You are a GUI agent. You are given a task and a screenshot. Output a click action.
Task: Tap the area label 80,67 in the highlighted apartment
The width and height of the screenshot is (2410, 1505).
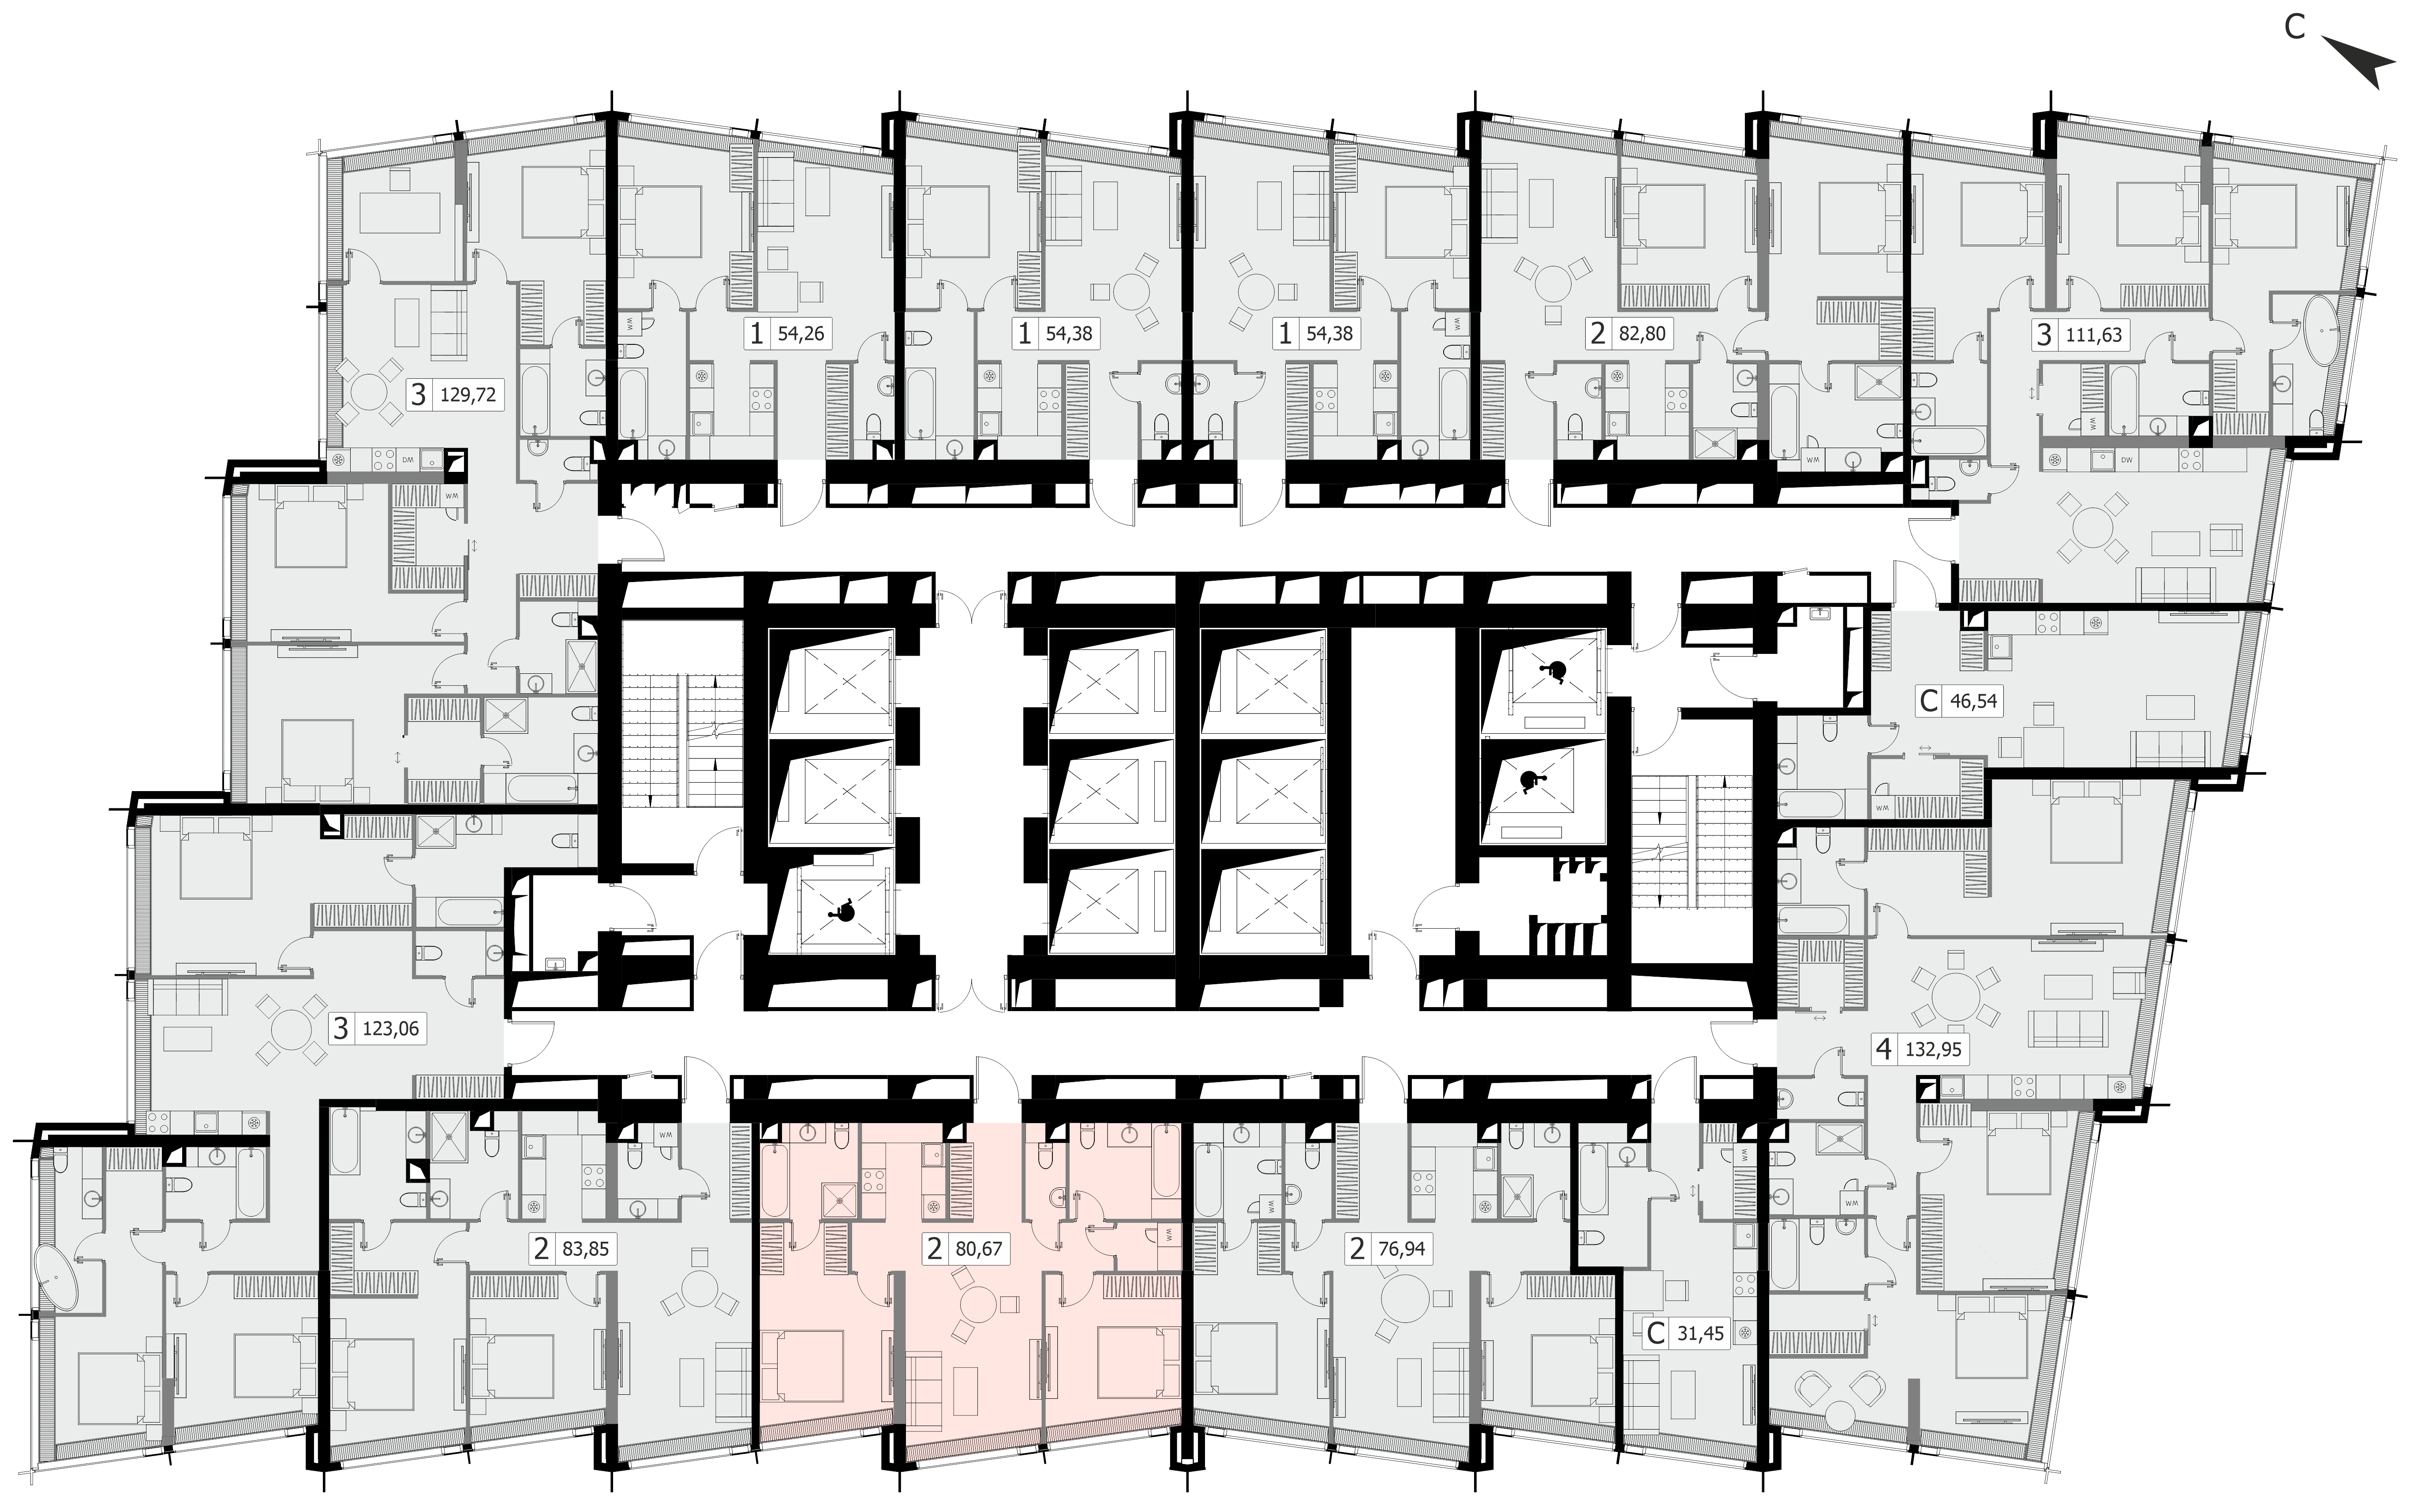pyautogui.click(x=977, y=1248)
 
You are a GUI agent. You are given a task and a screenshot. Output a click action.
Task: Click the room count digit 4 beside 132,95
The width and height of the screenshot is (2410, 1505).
pyautogui.click(x=1883, y=1049)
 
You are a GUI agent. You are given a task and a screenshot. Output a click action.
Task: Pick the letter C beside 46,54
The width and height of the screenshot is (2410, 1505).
pyautogui.click(x=1928, y=701)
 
